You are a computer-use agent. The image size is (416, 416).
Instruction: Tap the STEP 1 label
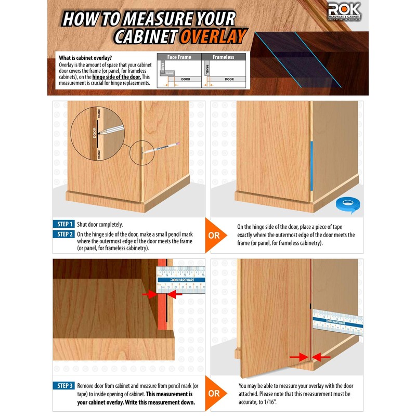point(63,224)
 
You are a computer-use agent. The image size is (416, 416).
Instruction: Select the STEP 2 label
point(63,234)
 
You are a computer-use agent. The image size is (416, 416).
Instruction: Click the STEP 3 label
point(63,386)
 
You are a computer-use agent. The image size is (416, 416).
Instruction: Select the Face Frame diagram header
point(178,57)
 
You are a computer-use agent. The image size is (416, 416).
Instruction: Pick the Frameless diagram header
point(224,57)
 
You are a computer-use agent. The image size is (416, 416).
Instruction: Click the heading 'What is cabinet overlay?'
point(85,57)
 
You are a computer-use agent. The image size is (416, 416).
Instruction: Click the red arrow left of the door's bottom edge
point(298,357)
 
